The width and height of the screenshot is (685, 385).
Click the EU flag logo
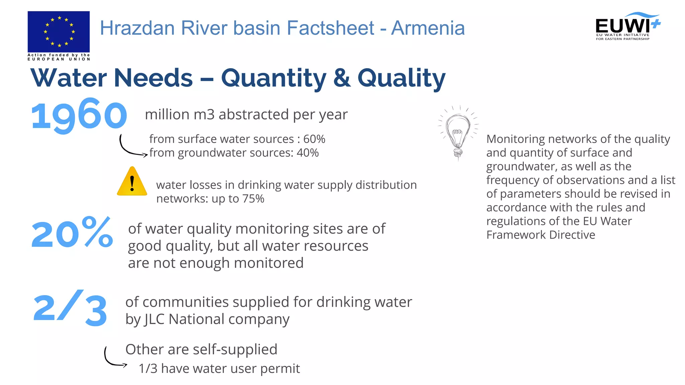pyautogui.click(x=59, y=32)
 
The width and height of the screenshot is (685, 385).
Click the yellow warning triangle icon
pyautogui.click(x=132, y=181)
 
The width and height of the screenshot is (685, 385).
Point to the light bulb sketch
pyautogui.click(x=458, y=134)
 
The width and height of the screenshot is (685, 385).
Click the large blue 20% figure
pyautogui.click(x=72, y=233)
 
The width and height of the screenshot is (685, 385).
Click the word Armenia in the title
pyautogui.click(x=428, y=28)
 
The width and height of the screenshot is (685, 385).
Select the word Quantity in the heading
pyautogui.click(x=274, y=78)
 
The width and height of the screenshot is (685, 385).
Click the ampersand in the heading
pyautogui.click(x=342, y=78)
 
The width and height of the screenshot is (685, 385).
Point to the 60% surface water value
pyautogui.click(x=314, y=139)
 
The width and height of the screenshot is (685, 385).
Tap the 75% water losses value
pyautogui.click(x=253, y=199)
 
